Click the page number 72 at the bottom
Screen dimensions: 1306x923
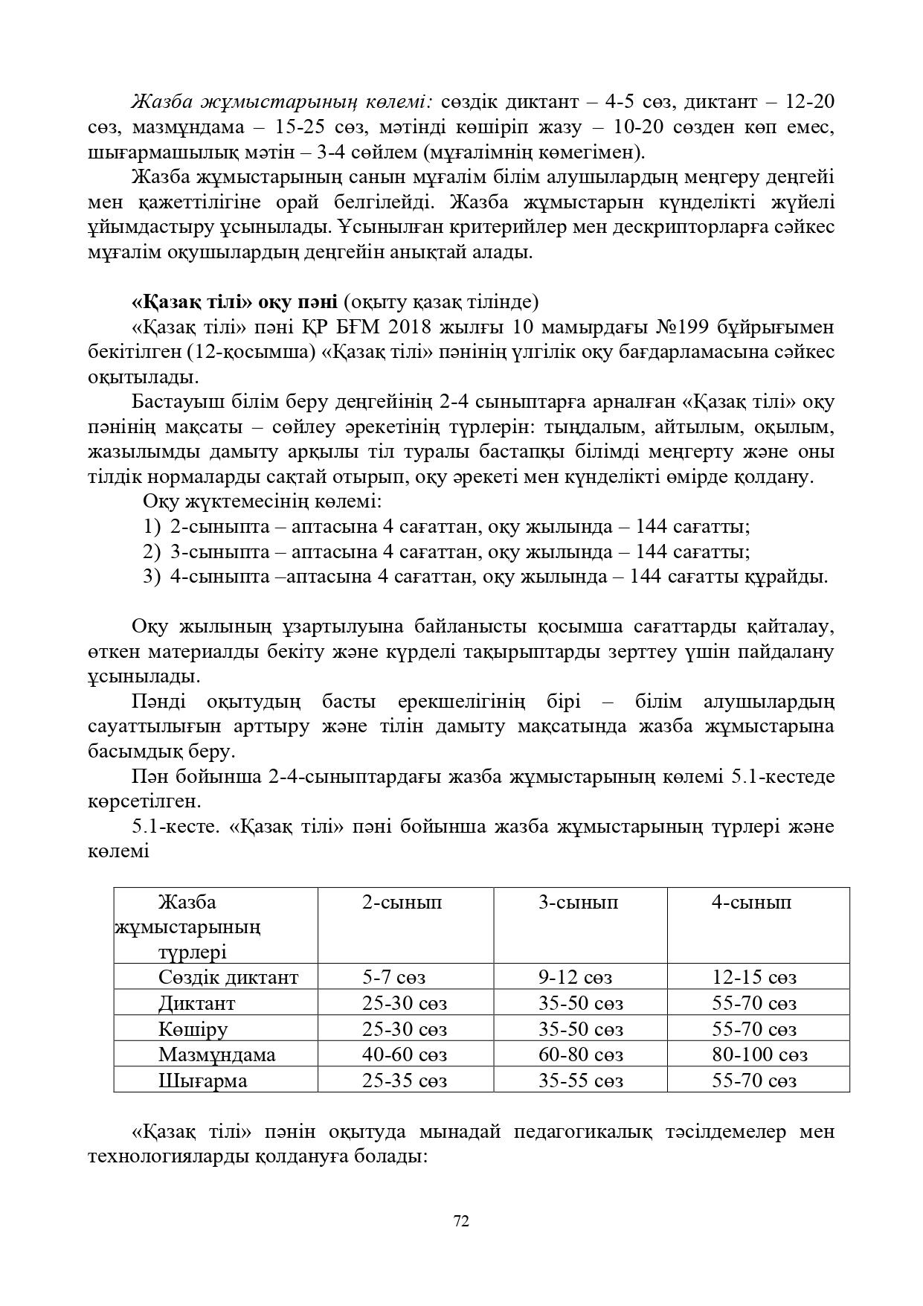(x=461, y=1220)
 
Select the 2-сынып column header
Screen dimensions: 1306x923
(x=402, y=902)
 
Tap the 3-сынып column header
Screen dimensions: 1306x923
(x=578, y=902)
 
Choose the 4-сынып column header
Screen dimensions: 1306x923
(x=751, y=902)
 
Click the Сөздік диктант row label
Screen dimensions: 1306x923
(x=228, y=977)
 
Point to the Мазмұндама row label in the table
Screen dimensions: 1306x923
(x=216, y=1054)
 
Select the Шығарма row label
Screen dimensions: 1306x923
(x=202, y=1081)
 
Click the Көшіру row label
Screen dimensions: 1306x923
(x=193, y=1029)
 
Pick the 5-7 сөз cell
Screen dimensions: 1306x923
(x=393, y=977)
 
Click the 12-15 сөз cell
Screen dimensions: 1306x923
(x=754, y=977)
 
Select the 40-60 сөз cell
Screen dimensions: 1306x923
(x=405, y=1054)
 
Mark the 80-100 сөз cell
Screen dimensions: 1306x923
(x=759, y=1054)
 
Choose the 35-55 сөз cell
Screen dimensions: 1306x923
(x=581, y=1081)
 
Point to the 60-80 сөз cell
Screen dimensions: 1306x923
(x=581, y=1054)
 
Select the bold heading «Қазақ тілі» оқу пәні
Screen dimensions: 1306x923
(x=234, y=302)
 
